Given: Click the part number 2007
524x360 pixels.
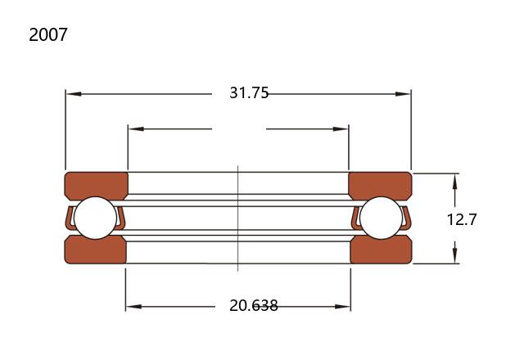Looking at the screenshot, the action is tap(48, 34).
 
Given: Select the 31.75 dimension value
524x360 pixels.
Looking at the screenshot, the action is tap(249, 92).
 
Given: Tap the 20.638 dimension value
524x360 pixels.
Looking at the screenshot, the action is tap(253, 305).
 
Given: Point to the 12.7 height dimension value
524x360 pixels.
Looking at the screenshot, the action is tap(462, 219).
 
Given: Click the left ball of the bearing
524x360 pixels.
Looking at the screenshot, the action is tap(96, 218).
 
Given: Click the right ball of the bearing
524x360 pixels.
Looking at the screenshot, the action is tap(382, 218).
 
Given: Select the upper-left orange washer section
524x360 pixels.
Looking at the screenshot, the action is tap(96, 186).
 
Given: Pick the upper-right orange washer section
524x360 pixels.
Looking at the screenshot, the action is tap(380, 186).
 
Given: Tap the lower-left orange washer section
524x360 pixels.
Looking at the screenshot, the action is tap(95, 250).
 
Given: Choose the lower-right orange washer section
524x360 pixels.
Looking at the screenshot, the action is tap(382, 250).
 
